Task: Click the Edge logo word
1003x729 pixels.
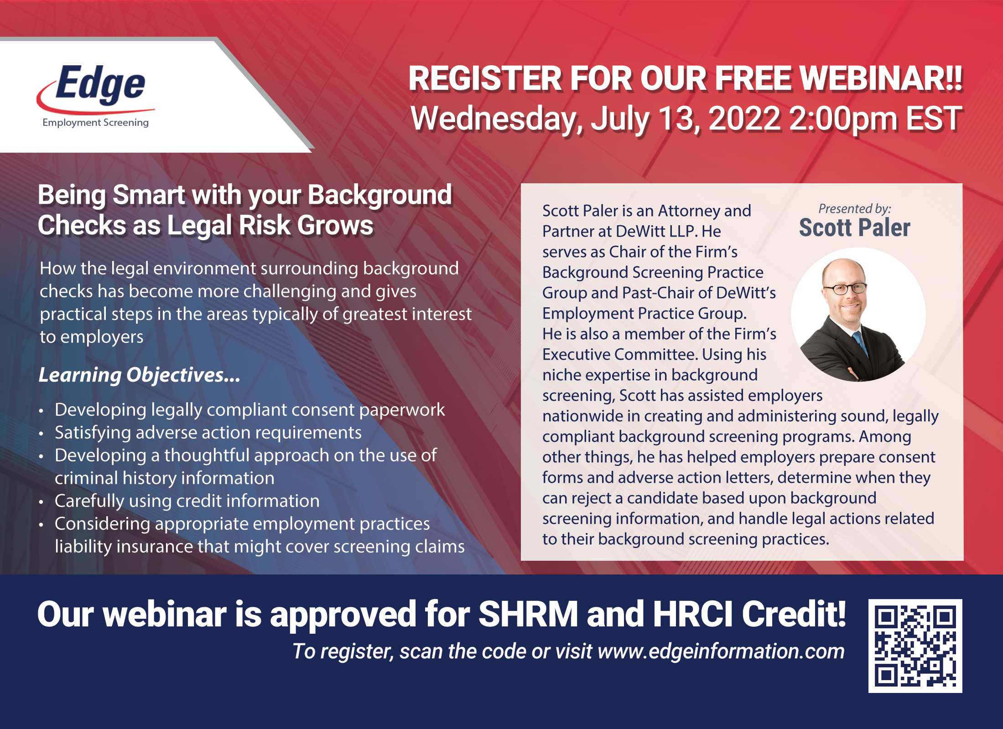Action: [x=100, y=83]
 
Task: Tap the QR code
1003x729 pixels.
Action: [x=915, y=646]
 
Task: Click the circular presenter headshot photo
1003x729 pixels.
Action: [x=858, y=315]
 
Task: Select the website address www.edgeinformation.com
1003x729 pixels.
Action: [x=721, y=651]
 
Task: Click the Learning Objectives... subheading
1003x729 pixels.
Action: [x=139, y=375]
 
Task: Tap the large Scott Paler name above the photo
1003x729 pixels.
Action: [x=854, y=228]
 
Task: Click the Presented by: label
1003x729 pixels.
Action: [x=855, y=208]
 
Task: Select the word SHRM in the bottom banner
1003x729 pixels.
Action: [x=528, y=614]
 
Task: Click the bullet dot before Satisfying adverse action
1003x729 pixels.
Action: [x=41, y=434]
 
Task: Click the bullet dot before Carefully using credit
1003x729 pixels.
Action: [x=41, y=502]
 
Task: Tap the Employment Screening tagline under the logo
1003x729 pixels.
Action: [x=95, y=123]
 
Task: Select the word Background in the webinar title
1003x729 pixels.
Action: [x=380, y=196]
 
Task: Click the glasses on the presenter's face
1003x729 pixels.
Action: [x=845, y=288]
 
